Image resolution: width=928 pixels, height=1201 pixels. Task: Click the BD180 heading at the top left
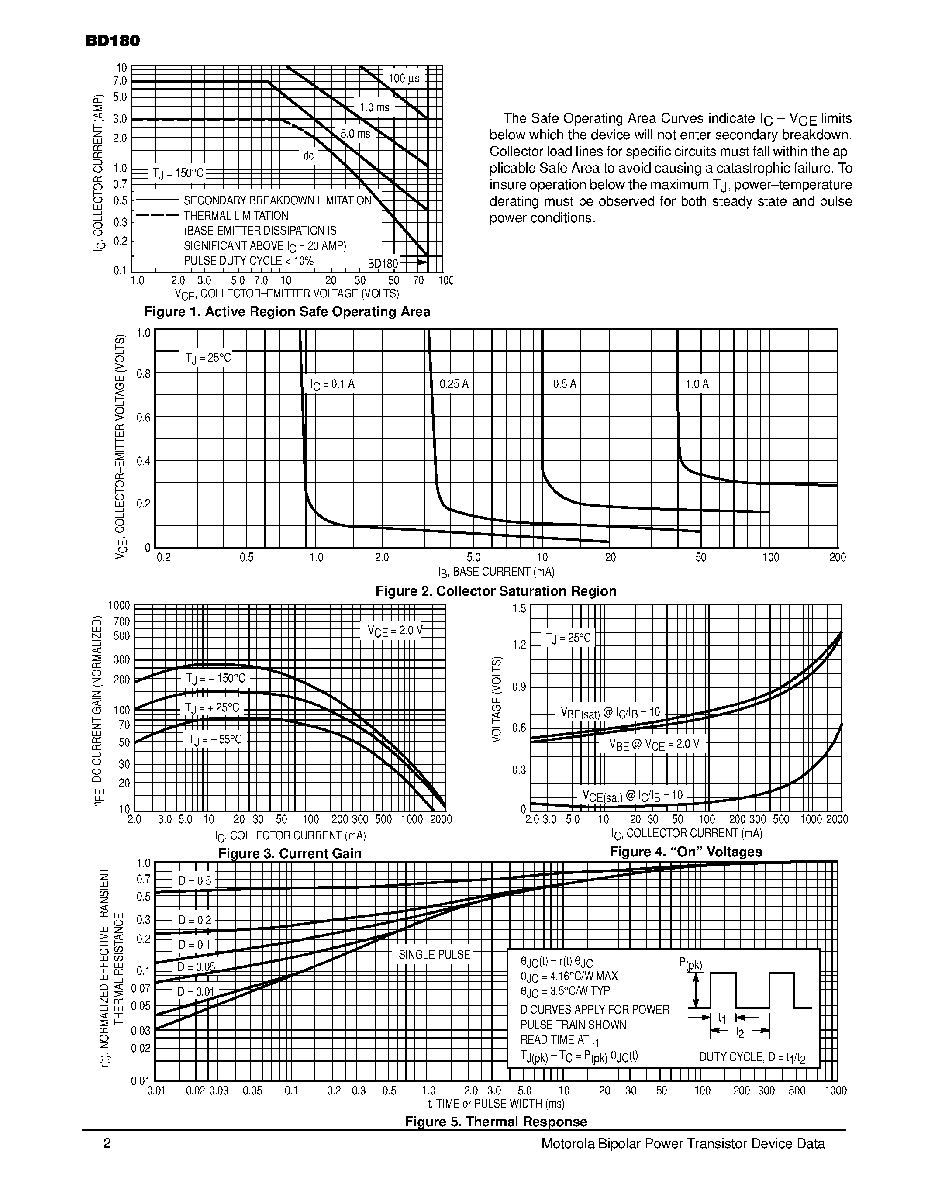point(113,41)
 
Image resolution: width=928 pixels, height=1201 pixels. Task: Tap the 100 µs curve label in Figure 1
point(404,79)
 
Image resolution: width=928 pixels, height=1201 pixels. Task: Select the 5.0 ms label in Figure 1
point(355,134)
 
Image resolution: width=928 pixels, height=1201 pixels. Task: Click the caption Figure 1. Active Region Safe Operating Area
point(287,312)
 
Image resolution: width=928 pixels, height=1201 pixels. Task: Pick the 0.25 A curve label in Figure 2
point(454,384)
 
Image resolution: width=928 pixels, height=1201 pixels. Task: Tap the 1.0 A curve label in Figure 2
point(697,384)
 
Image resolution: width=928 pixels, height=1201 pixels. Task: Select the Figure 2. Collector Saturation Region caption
point(496,591)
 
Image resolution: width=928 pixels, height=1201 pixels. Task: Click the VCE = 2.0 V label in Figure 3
point(395,631)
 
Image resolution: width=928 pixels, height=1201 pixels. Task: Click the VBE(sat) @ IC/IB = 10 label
point(610,713)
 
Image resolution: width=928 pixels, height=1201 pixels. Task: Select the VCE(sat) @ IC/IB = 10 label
point(633,796)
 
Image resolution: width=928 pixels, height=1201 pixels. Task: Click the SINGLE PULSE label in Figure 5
point(435,955)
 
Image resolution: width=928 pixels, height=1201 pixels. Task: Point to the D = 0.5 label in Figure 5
point(195,881)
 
